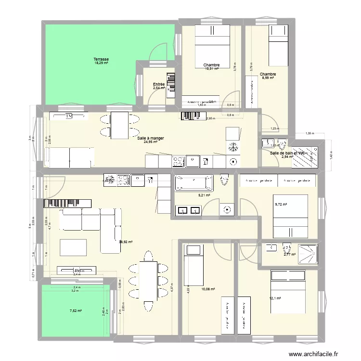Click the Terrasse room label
[x=101, y=59]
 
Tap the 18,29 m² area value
[x=101, y=64]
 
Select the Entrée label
[x=159, y=84]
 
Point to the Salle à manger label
[x=151, y=138]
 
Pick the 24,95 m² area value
[x=151, y=142]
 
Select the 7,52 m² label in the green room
[x=76, y=311]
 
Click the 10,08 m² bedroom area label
[x=208, y=289]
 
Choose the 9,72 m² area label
[x=280, y=205]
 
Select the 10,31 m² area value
[x=212, y=69]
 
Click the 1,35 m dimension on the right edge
[x=309, y=134]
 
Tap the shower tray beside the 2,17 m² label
[x=307, y=254]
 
